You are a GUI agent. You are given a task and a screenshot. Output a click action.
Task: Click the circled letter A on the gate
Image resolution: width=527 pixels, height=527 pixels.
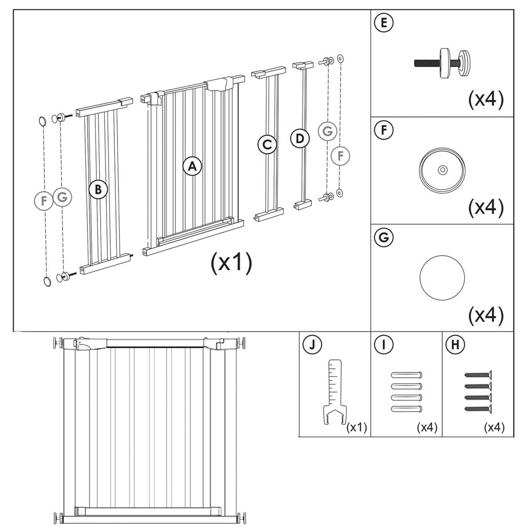pyautogui.click(x=192, y=167)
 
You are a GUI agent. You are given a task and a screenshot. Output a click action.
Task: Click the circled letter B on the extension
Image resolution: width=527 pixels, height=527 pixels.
pyautogui.click(x=98, y=189)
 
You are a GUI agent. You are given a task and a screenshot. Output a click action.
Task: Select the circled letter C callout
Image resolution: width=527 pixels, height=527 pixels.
pyautogui.click(x=267, y=144)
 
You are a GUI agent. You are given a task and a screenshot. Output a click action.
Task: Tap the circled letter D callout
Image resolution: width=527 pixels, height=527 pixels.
pyautogui.click(x=300, y=139)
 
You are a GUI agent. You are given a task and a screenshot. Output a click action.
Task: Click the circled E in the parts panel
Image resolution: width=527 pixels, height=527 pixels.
pyautogui.click(x=383, y=23)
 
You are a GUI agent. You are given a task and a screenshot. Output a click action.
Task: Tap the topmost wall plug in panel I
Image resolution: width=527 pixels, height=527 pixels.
pyautogui.click(x=407, y=376)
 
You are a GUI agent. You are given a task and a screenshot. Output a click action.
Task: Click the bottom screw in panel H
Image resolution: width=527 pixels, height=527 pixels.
pyautogui.click(x=478, y=408)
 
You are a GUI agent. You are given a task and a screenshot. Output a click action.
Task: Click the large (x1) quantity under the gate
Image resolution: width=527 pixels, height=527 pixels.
pyautogui.click(x=231, y=262)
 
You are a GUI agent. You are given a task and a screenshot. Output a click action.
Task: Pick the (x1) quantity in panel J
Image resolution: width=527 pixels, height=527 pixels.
pyautogui.click(x=357, y=427)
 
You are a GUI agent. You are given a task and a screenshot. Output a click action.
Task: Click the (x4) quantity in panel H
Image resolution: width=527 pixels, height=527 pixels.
pyautogui.click(x=494, y=427)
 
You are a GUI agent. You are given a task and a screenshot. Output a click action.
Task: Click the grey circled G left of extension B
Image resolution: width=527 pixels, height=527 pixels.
pyautogui.click(x=62, y=197)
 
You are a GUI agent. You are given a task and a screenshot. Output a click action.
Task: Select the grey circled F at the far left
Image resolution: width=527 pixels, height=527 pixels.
pyautogui.click(x=44, y=200)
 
